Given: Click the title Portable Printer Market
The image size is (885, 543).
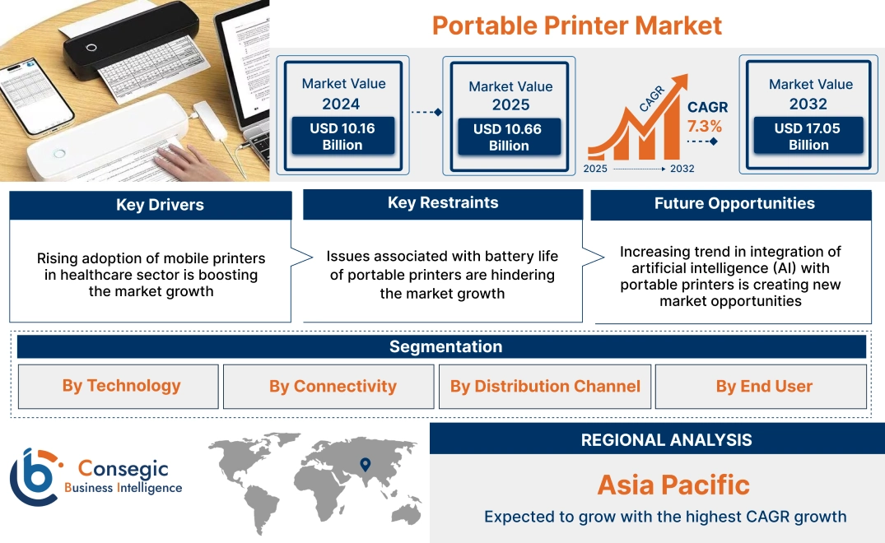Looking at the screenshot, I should [x=576, y=26].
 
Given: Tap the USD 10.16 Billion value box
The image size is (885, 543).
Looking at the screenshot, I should [x=342, y=137].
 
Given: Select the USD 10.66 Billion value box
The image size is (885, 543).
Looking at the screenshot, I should [x=509, y=137].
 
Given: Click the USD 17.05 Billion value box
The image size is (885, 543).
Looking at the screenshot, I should [x=808, y=137].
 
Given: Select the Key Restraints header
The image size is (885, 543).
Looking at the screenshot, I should [x=443, y=203].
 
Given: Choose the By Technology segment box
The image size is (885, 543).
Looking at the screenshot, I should [x=121, y=386].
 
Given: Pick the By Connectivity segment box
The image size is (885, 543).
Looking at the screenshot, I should [x=333, y=387].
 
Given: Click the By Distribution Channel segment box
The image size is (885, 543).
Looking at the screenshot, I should [x=545, y=387].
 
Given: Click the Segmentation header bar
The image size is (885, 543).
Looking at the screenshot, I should [x=445, y=346].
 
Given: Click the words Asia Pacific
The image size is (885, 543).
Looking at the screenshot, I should [x=673, y=485].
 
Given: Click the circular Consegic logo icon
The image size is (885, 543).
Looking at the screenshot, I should [x=35, y=477].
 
